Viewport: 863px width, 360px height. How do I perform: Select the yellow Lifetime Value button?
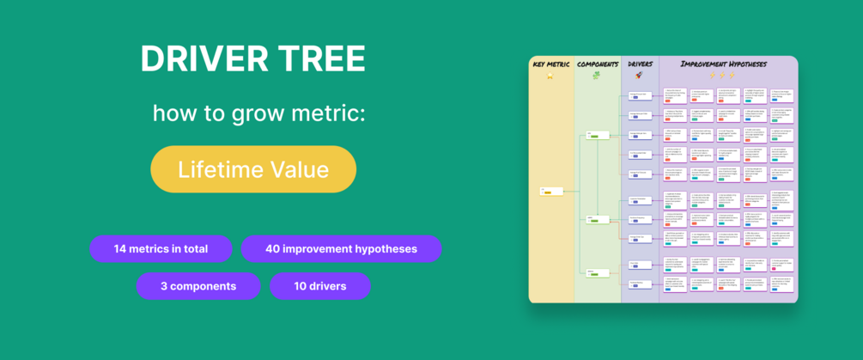[253, 169]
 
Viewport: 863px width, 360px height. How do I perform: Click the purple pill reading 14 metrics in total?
[161, 249]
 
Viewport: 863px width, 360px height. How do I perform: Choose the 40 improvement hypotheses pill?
[341, 249]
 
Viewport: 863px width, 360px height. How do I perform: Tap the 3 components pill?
[198, 286]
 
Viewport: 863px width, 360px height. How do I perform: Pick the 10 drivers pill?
[319, 286]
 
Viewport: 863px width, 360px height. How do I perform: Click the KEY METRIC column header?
[551, 64]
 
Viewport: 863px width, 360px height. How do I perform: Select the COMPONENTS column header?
[598, 64]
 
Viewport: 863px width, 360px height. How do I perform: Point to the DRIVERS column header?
[641, 64]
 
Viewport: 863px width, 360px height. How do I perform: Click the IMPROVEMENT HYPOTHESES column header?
[724, 64]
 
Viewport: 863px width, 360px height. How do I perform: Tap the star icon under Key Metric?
[551, 76]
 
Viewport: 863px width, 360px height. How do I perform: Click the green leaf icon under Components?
[598, 76]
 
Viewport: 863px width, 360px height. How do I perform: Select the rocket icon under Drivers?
[641, 76]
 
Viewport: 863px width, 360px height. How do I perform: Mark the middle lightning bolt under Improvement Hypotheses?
[724, 76]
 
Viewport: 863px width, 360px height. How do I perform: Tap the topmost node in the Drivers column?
[640, 95]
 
